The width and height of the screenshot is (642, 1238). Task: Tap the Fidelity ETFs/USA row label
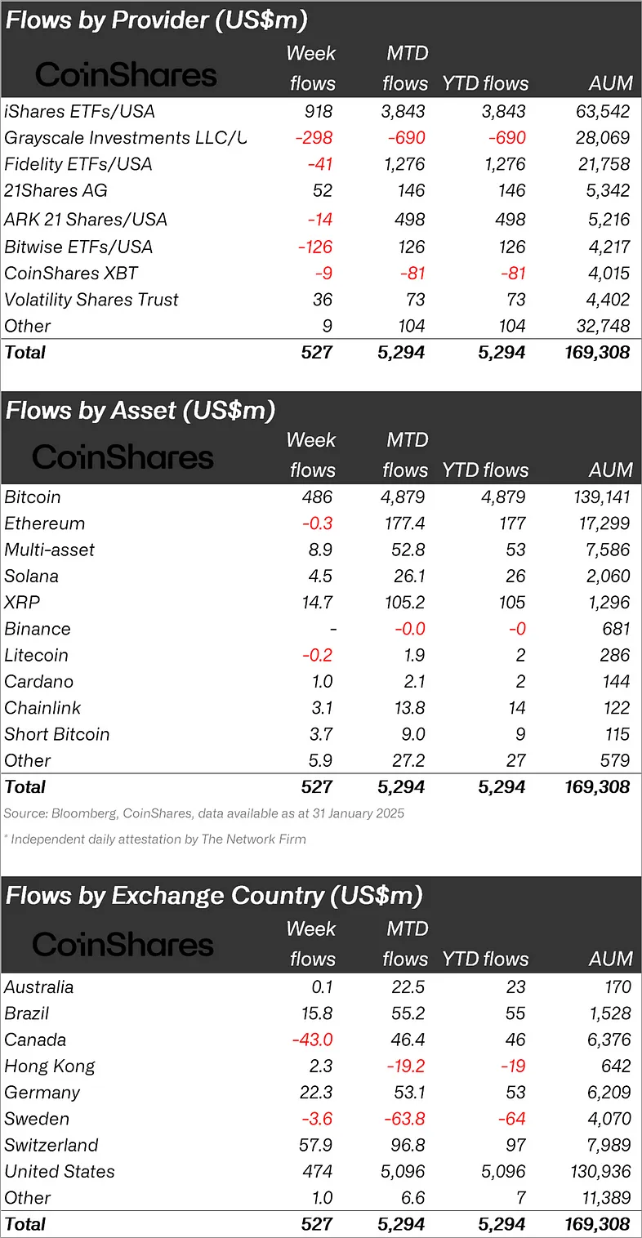78,164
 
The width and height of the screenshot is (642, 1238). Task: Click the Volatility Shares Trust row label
91,300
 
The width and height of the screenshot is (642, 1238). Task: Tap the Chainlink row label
43,708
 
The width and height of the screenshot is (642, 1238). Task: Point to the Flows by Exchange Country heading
214,896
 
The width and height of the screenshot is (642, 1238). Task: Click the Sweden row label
37,1119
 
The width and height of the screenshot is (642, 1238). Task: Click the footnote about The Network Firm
155,839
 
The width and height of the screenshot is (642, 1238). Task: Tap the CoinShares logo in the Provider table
126,75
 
